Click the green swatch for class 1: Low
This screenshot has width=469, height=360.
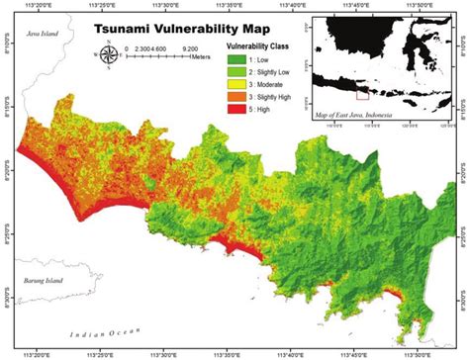tap(237, 60)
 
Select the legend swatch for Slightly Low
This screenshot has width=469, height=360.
tap(237, 73)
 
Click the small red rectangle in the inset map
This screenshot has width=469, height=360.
tap(362, 96)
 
